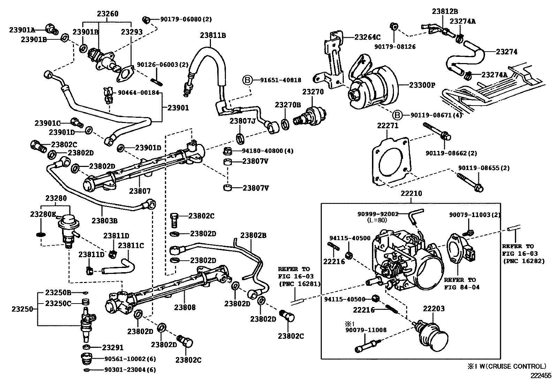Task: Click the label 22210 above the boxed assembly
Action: click(x=411, y=193)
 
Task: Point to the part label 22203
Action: click(x=434, y=309)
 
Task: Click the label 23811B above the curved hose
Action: click(x=213, y=35)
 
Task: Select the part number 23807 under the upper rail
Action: click(x=140, y=191)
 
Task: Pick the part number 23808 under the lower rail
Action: click(x=185, y=307)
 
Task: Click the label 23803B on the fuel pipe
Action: click(x=105, y=220)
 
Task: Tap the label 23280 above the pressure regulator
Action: click(x=56, y=198)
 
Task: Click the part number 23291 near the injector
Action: click(x=113, y=347)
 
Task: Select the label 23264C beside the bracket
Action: click(x=367, y=37)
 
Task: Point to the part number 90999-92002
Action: click(x=378, y=214)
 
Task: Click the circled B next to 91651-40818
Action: click(x=247, y=81)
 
